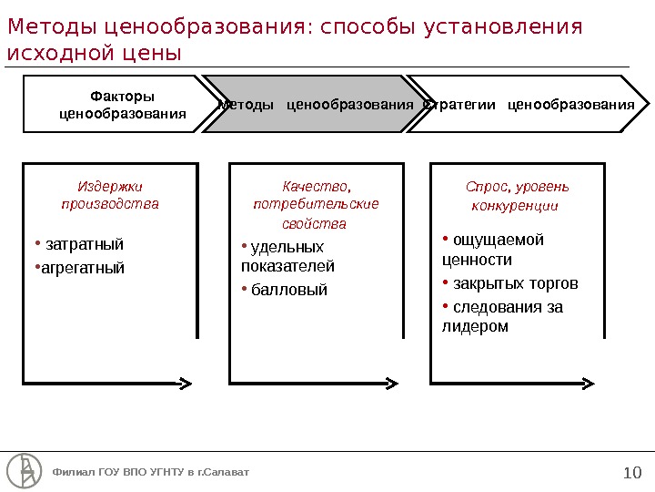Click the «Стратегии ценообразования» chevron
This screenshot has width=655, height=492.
(529, 105)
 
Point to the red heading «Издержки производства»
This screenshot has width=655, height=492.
(110, 195)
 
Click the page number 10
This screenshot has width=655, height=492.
(632, 472)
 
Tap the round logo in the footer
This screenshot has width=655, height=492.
(25, 470)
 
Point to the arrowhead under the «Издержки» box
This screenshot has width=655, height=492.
(185, 382)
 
